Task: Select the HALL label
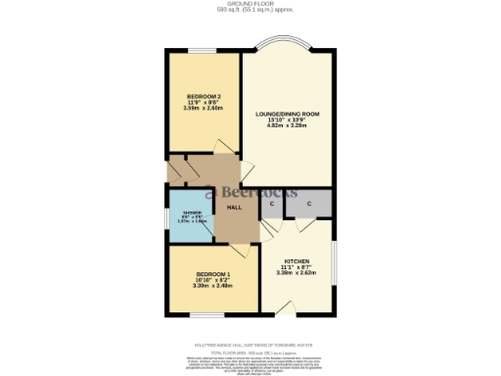(234, 208)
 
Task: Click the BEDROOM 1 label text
(212, 273)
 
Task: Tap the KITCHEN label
(297, 261)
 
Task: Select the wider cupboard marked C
(310, 204)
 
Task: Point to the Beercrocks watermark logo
(244, 192)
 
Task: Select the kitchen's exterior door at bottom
(285, 311)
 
